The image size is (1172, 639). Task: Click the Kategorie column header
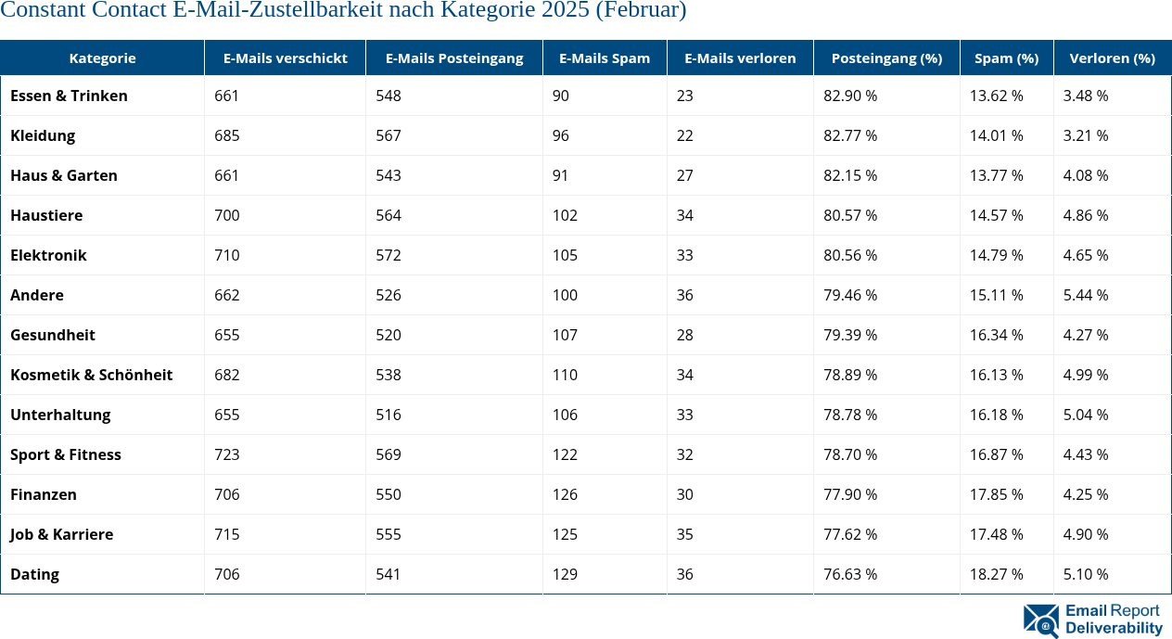click(x=102, y=58)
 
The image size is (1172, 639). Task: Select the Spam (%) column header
click(x=1006, y=58)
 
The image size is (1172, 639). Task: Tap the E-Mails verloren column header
click(x=740, y=58)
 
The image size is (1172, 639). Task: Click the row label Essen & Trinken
click(x=69, y=96)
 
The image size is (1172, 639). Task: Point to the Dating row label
click(x=34, y=574)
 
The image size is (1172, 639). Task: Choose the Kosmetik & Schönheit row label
click(x=91, y=375)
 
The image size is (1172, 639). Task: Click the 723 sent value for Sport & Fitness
click(x=226, y=454)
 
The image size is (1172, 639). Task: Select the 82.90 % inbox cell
click(x=850, y=96)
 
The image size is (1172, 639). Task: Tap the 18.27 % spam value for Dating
click(x=996, y=574)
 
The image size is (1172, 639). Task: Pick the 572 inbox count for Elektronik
click(x=389, y=255)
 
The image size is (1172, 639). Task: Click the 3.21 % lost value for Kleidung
click(x=1086, y=135)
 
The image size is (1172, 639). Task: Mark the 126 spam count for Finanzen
click(x=565, y=494)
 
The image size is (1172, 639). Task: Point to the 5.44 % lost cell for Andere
click(x=1086, y=295)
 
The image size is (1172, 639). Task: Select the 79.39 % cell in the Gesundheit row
click(x=850, y=335)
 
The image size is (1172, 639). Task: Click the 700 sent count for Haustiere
click(x=226, y=215)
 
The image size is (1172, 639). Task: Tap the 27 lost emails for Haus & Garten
click(x=684, y=175)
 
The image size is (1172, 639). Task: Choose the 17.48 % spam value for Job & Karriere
click(x=996, y=534)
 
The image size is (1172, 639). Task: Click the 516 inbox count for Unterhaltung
click(x=389, y=415)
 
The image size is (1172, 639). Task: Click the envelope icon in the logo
click(x=1040, y=620)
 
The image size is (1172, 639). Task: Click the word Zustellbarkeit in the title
click(x=310, y=11)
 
